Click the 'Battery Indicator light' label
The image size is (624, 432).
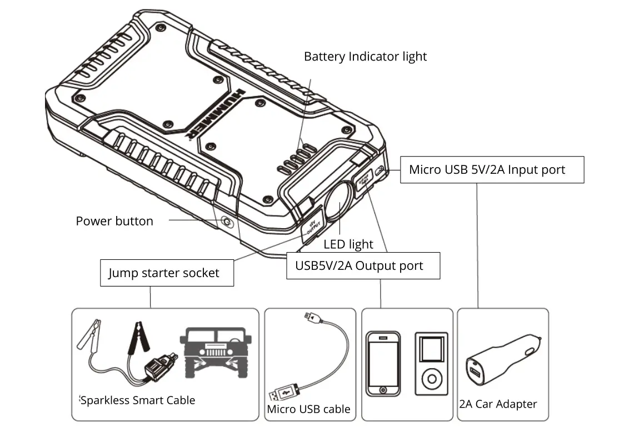pos(365,57)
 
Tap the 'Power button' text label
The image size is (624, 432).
pos(114,221)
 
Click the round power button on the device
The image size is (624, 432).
pos(226,223)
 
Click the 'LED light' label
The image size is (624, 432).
pos(348,244)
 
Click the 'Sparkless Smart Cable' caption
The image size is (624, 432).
pos(138,400)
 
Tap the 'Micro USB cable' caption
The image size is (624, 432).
pos(308,410)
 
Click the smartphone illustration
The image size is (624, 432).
pos(383,363)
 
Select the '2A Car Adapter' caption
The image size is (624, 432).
pos(498,404)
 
